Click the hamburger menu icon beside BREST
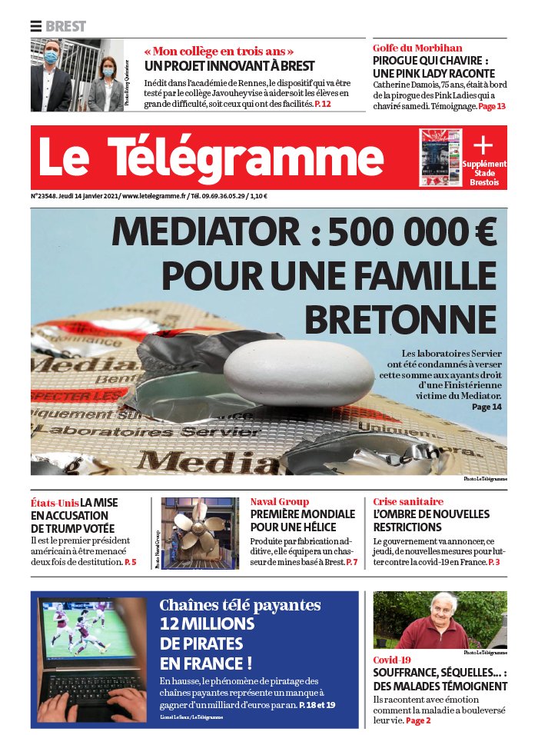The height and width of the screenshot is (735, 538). coord(36,26)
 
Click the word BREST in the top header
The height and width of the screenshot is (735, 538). coord(66,26)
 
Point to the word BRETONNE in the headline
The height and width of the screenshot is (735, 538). coord(400,318)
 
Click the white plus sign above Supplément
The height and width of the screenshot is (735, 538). coord(483,145)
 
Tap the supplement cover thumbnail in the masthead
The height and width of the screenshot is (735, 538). coord(440,158)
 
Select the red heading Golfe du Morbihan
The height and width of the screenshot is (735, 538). coord(417,48)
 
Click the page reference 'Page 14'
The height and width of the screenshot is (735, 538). coord(487,406)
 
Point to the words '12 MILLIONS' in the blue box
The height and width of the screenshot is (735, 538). coord(207,624)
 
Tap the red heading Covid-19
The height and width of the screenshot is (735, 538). coord(392,660)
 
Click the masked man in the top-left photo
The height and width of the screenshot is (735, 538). coord(51,77)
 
